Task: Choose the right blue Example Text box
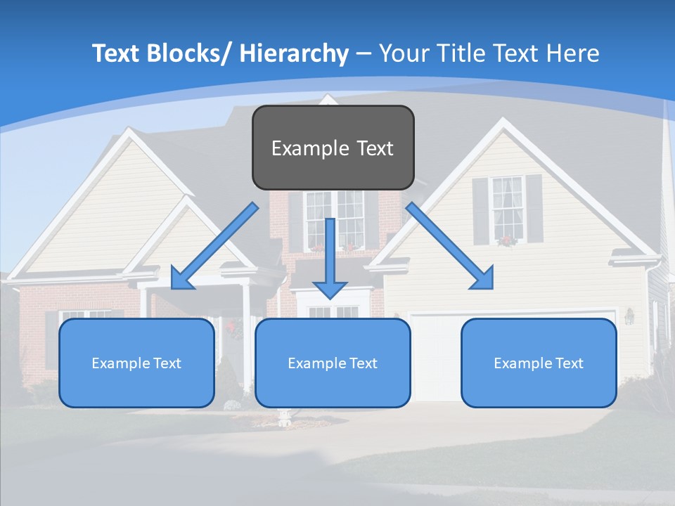(x=539, y=383)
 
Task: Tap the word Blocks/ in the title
(x=189, y=53)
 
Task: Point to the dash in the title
(x=364, y=54)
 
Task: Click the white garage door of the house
(x=436, y=358)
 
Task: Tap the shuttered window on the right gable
(x=507, y=209)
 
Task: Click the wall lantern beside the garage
(x=629, y=317)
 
